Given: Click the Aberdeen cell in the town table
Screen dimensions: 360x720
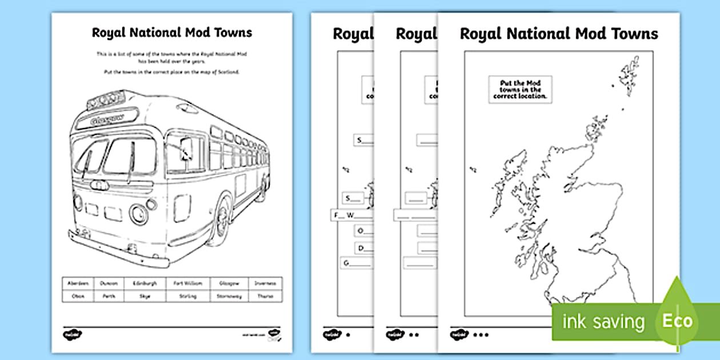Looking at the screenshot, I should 78,283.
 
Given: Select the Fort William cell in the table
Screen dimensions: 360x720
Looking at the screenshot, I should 187,283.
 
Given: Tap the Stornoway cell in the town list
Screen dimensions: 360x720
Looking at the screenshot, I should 228,297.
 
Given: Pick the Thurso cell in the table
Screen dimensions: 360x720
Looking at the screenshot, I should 265,297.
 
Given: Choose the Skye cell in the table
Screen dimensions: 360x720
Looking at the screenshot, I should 145,297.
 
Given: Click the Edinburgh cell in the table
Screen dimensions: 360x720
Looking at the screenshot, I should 145,283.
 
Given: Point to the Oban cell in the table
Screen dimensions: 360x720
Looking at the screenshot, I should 78,297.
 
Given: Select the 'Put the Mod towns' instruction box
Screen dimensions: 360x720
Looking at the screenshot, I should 521,90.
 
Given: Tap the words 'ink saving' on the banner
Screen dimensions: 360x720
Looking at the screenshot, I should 603,322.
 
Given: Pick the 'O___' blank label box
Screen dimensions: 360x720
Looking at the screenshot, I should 363,231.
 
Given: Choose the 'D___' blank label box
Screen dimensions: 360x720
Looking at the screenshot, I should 363,247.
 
